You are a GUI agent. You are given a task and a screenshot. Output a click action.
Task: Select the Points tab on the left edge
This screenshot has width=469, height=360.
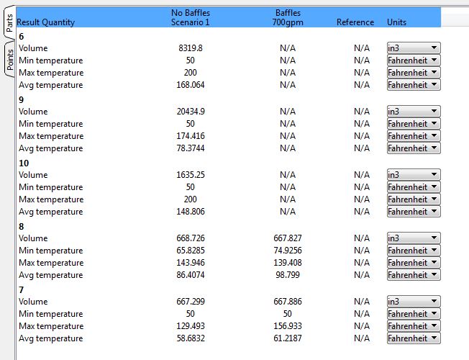pos(9,59)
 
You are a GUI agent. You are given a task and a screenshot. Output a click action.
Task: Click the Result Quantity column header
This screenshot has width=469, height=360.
pos(45,22)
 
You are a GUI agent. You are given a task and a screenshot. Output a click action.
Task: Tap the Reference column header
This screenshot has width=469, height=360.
pos(355,22)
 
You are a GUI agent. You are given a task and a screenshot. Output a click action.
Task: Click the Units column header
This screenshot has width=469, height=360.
pos(396,22)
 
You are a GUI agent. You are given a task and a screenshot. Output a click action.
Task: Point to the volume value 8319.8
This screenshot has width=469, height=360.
pos(191,48)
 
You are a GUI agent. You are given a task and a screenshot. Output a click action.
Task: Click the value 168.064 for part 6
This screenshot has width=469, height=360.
pos(191,85)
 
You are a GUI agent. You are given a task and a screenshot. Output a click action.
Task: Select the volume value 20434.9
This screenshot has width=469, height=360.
pos(191,112)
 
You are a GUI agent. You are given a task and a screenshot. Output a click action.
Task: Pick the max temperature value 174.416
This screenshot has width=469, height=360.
pos(191,136)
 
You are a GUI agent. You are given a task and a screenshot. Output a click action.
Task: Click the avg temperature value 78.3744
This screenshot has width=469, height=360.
pos(191,148)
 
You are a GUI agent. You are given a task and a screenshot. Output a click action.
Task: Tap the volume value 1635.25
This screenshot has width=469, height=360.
pos(191,175)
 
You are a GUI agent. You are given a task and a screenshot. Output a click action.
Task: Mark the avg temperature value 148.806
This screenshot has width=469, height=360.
pos(191,212)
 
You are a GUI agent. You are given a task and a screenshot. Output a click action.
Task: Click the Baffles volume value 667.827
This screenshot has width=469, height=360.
pos(288,238)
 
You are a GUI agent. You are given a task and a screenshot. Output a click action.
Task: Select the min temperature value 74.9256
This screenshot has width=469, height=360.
pos(288,251)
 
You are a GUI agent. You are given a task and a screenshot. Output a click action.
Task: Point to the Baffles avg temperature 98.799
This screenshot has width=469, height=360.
pos(288,275)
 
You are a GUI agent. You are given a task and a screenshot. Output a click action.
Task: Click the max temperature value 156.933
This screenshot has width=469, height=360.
pos(288,326)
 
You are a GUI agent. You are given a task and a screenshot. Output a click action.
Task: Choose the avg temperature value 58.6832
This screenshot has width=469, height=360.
pos(191,338)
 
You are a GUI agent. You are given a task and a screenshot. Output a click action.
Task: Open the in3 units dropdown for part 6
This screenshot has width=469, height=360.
pos(414,48)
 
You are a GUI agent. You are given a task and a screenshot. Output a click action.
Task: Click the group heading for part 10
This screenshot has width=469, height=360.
pos(24,163)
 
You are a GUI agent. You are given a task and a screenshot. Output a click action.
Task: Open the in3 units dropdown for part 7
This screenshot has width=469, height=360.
pos(414,302)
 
